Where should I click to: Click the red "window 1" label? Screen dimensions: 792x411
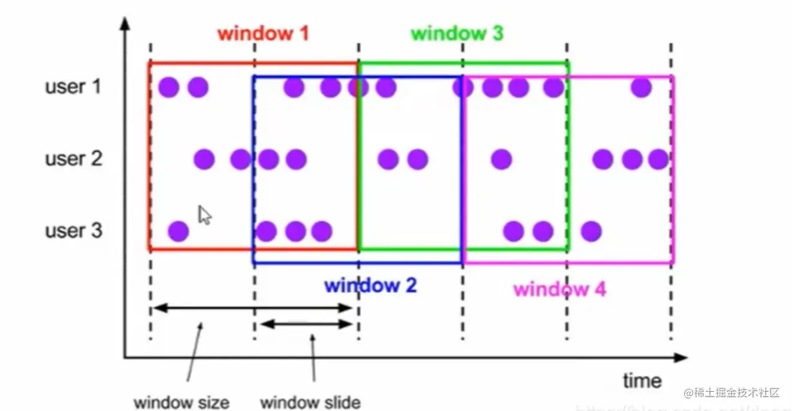pyautogui.click(x=264, y=33)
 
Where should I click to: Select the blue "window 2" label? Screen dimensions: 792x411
pyautogui.click(x=370, y=285)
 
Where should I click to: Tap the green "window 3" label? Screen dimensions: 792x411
pyautogui.click(x=457, y=33)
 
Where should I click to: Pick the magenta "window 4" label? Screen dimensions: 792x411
pyautogui.click(x=560, y=289)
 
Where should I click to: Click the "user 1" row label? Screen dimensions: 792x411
pyautogui.click(x=73, y=87)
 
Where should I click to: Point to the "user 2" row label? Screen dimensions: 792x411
pyautogui.click(x=73, y=159)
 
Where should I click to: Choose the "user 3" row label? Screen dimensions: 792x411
pyautogui.click(x=73, y=231)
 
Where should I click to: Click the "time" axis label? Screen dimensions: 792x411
pyautogui.click(x=642, y=380)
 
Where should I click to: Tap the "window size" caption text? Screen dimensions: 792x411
pyautogui.click(x=181, y=401)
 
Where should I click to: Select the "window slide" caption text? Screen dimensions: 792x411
pyautogui.click(x=310, y=401)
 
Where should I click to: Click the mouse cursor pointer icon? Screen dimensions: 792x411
pyautogui.click(x=204, y=214)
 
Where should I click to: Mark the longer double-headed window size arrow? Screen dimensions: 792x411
pyautogui.click(x=252, y=308)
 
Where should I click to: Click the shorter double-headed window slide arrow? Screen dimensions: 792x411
pyautogui.click(x=307, y=324)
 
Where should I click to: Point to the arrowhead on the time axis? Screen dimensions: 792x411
pyautogui.click(x=680, y=358)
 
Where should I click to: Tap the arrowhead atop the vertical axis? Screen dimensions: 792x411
pyautogui.click(x=125, y=24)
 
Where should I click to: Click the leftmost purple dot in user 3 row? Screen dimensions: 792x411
pyautogui.click(x=178, y=231)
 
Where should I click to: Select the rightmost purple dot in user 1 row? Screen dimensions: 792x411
pyautogui.click(x=641, y=87)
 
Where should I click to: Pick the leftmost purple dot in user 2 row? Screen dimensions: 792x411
pyautogui.click(x=204, y=159)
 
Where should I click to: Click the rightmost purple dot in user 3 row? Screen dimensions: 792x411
pyautogui.click(x=591, y=231)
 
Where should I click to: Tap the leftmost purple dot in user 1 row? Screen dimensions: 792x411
pyautogui.click(x=170, y=87)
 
